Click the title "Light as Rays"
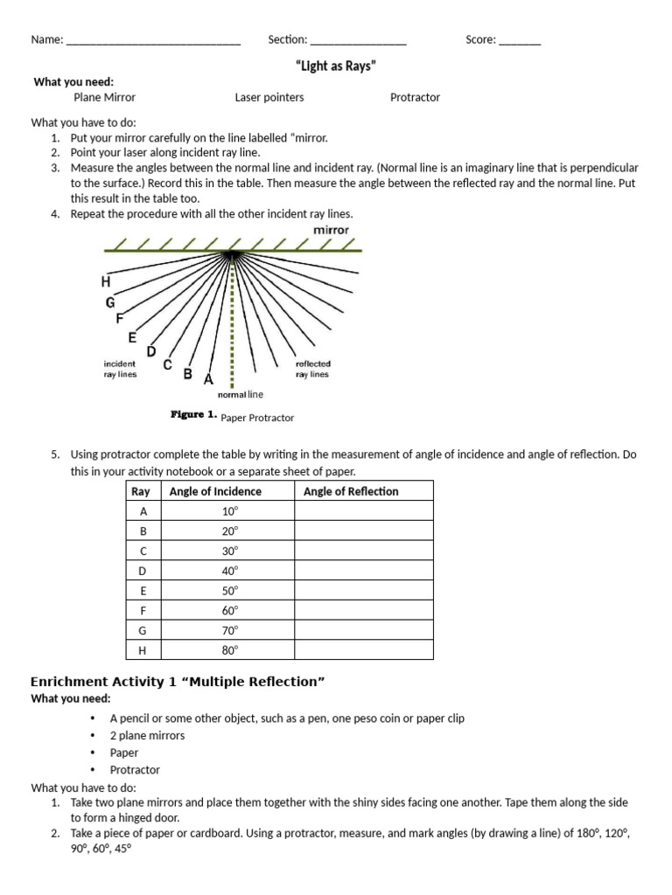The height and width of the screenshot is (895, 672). pyautogui.click(x=336, y=66)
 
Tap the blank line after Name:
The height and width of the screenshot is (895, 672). pyautogui.click(x=153, y=41)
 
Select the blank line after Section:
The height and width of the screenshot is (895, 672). pyautogui.click(x=358, y=41)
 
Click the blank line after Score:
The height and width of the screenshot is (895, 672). pyautogui.click(x=520, y=41)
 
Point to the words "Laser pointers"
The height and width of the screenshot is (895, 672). pyautogui.click(x=269, y=98)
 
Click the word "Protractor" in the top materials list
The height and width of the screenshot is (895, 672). pyautogui.click(x=415, y=98)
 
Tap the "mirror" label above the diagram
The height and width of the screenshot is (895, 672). pyautogui.click(x=331, y=230)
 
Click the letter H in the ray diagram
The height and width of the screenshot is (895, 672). pyautogui.click(x=106, y=282)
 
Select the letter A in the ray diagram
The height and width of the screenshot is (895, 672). pyautogui.click(x=207, y=379)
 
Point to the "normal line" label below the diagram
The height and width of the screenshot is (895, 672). pyautogui.click(x=240, y=395)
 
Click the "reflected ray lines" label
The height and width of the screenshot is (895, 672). pyautogui.click(x=312, y=369)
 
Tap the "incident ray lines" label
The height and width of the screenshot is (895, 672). pyautogui.click(x=120, y=369)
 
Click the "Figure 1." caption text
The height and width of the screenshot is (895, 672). pyautogui.click(x=193, y=416)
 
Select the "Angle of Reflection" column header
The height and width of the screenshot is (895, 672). pyautogui.click(x=351, y=491)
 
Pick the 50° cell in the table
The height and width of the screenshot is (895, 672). pyautogui.click(x=229, y=591)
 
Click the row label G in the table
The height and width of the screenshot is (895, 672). pyautogui.click(x=143, y=630)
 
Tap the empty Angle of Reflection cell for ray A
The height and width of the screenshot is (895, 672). pyautogui.click(x=363, y=511)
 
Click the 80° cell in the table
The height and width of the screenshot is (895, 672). pyautogui.click(x=229, y=650)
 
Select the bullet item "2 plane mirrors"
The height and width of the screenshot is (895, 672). pyautogui.click(x=147, y=735)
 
